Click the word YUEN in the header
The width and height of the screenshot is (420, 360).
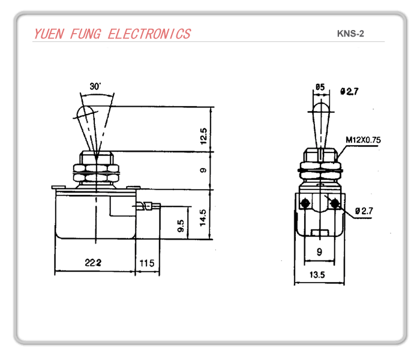click(x=50, y=34)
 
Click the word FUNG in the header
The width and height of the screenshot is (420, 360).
click(x=86, y=34)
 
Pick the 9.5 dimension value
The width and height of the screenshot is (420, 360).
click(x=180, y=226)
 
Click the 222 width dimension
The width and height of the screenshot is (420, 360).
click(x=92, y=263)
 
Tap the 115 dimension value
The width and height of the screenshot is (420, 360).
click(x=147, y=263)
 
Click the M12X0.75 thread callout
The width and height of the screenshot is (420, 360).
click(x=363, y=140)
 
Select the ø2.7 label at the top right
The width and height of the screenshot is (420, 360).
click(x=349, y=91)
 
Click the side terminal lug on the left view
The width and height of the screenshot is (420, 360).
click(x=149, y=207)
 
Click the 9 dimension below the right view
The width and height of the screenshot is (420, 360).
click(x=319, y=253)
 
